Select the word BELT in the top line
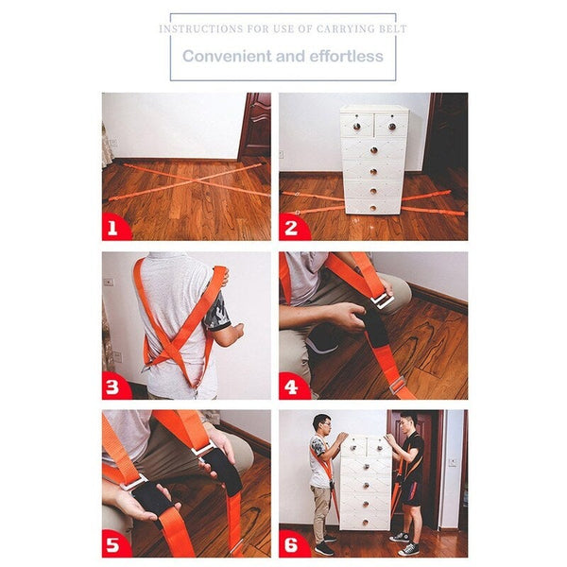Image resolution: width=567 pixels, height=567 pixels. coord(391,29)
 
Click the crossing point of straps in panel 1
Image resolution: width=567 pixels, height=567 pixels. coord(186,182)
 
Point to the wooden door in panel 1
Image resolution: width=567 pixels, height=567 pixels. coord(255,125)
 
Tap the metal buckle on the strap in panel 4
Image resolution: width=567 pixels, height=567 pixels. coord(382,299)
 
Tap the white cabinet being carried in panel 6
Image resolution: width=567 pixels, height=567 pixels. coord(365,482)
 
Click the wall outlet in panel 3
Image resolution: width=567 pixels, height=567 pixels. coord(109,282)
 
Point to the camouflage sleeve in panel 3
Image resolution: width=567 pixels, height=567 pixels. coord(218,315)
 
